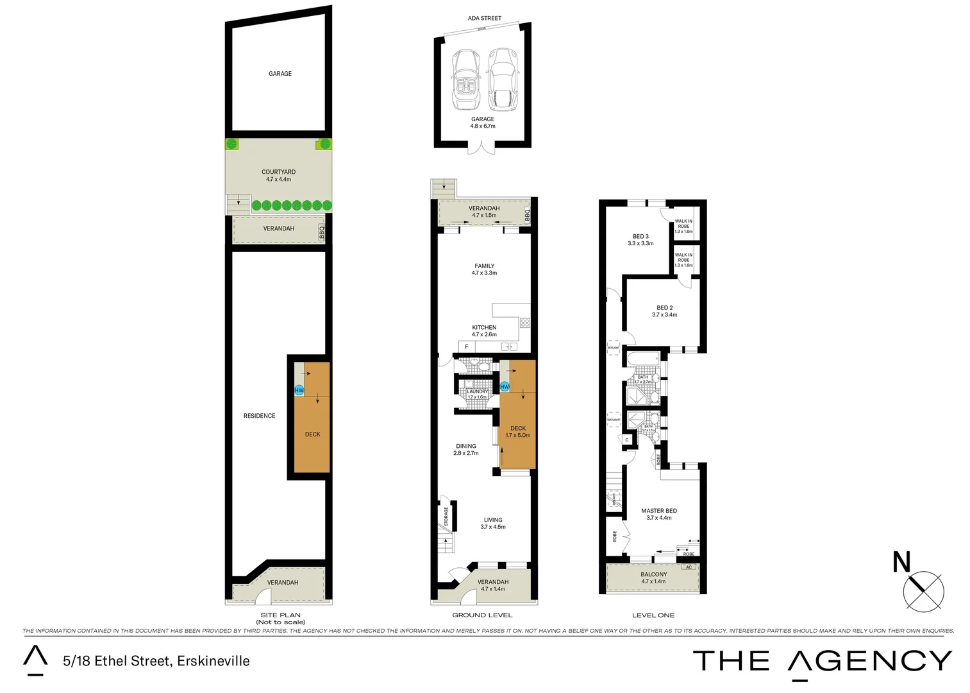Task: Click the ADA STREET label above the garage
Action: pos(484,18)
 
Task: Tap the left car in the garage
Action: pos(465,80)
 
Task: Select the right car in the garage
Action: pos(502,80)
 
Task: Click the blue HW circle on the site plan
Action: pos(299,390)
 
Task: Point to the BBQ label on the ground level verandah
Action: pos(528,215)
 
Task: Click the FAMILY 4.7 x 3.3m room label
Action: pos(484,269)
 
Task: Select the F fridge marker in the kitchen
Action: pos(467,346)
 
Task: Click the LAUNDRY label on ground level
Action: pos(477,391)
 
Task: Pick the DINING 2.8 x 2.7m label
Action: pos(466,449)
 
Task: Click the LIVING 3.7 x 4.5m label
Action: pos(493,523)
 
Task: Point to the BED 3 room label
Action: pos(640,239)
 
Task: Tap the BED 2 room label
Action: pos(664,311)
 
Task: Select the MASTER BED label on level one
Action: pos(659,514)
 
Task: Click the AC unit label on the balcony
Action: pos(689,567)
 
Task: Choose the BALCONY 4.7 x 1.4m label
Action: pos(653,577)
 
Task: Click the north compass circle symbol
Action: pos(923,590)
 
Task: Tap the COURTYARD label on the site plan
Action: pos(278,175)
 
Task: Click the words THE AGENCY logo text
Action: pos(822,662)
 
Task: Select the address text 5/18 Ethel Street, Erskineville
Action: pos(156,661)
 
